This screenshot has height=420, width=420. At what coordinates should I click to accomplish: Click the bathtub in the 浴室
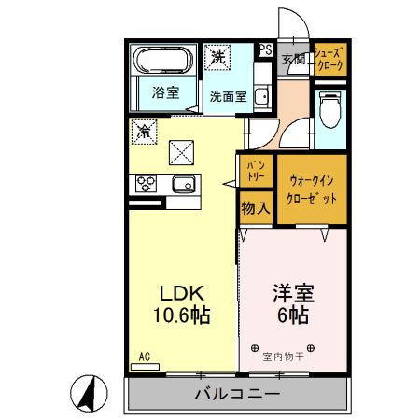[163, 62]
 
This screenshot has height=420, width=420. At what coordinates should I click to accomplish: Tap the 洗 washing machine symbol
[217, 57]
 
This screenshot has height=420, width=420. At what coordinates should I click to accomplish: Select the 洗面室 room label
[228, 95]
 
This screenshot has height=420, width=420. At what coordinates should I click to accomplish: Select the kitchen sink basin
[183, 182]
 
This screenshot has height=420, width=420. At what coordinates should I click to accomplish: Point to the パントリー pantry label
[255, 170]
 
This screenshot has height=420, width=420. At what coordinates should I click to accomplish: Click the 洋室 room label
[292, 291]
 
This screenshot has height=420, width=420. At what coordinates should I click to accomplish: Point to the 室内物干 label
[283, 356]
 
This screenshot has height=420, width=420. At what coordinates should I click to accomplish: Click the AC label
[145, 357]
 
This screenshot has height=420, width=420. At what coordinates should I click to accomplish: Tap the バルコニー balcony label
[237, 394]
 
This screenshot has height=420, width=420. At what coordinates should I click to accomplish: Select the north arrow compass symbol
[86, 394]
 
